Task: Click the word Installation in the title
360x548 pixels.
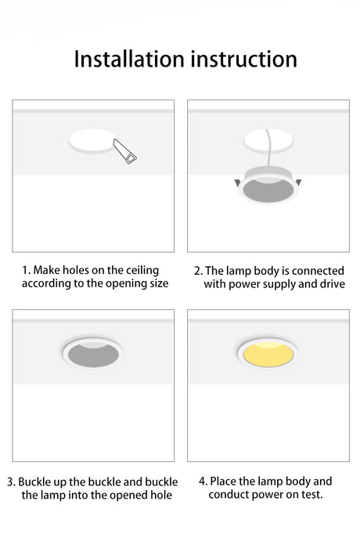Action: (x=129, y=59)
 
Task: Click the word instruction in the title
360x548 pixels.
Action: (x=244, y=59)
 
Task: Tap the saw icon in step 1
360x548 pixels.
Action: (x=124, y=151)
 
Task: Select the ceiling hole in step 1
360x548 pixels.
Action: (x=92, y=141)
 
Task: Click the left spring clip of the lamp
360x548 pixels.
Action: (x=237, y=183)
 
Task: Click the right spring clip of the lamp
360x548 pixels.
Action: (x=298, y=182)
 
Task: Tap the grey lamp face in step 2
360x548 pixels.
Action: (x=268, y=191)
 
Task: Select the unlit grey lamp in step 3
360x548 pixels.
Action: (x=93, y=354)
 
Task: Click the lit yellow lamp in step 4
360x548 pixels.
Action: (x=268, y=354)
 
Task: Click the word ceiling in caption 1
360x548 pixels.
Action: (x=142, y=271)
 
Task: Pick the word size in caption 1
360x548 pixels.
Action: (x=159, y=283)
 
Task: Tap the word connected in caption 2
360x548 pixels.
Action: (x=318, y=271)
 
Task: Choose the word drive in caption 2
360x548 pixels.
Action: (x=332, y=283)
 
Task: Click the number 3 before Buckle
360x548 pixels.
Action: (x=10, y=482)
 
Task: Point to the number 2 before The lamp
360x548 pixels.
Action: (x=197, y=271)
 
